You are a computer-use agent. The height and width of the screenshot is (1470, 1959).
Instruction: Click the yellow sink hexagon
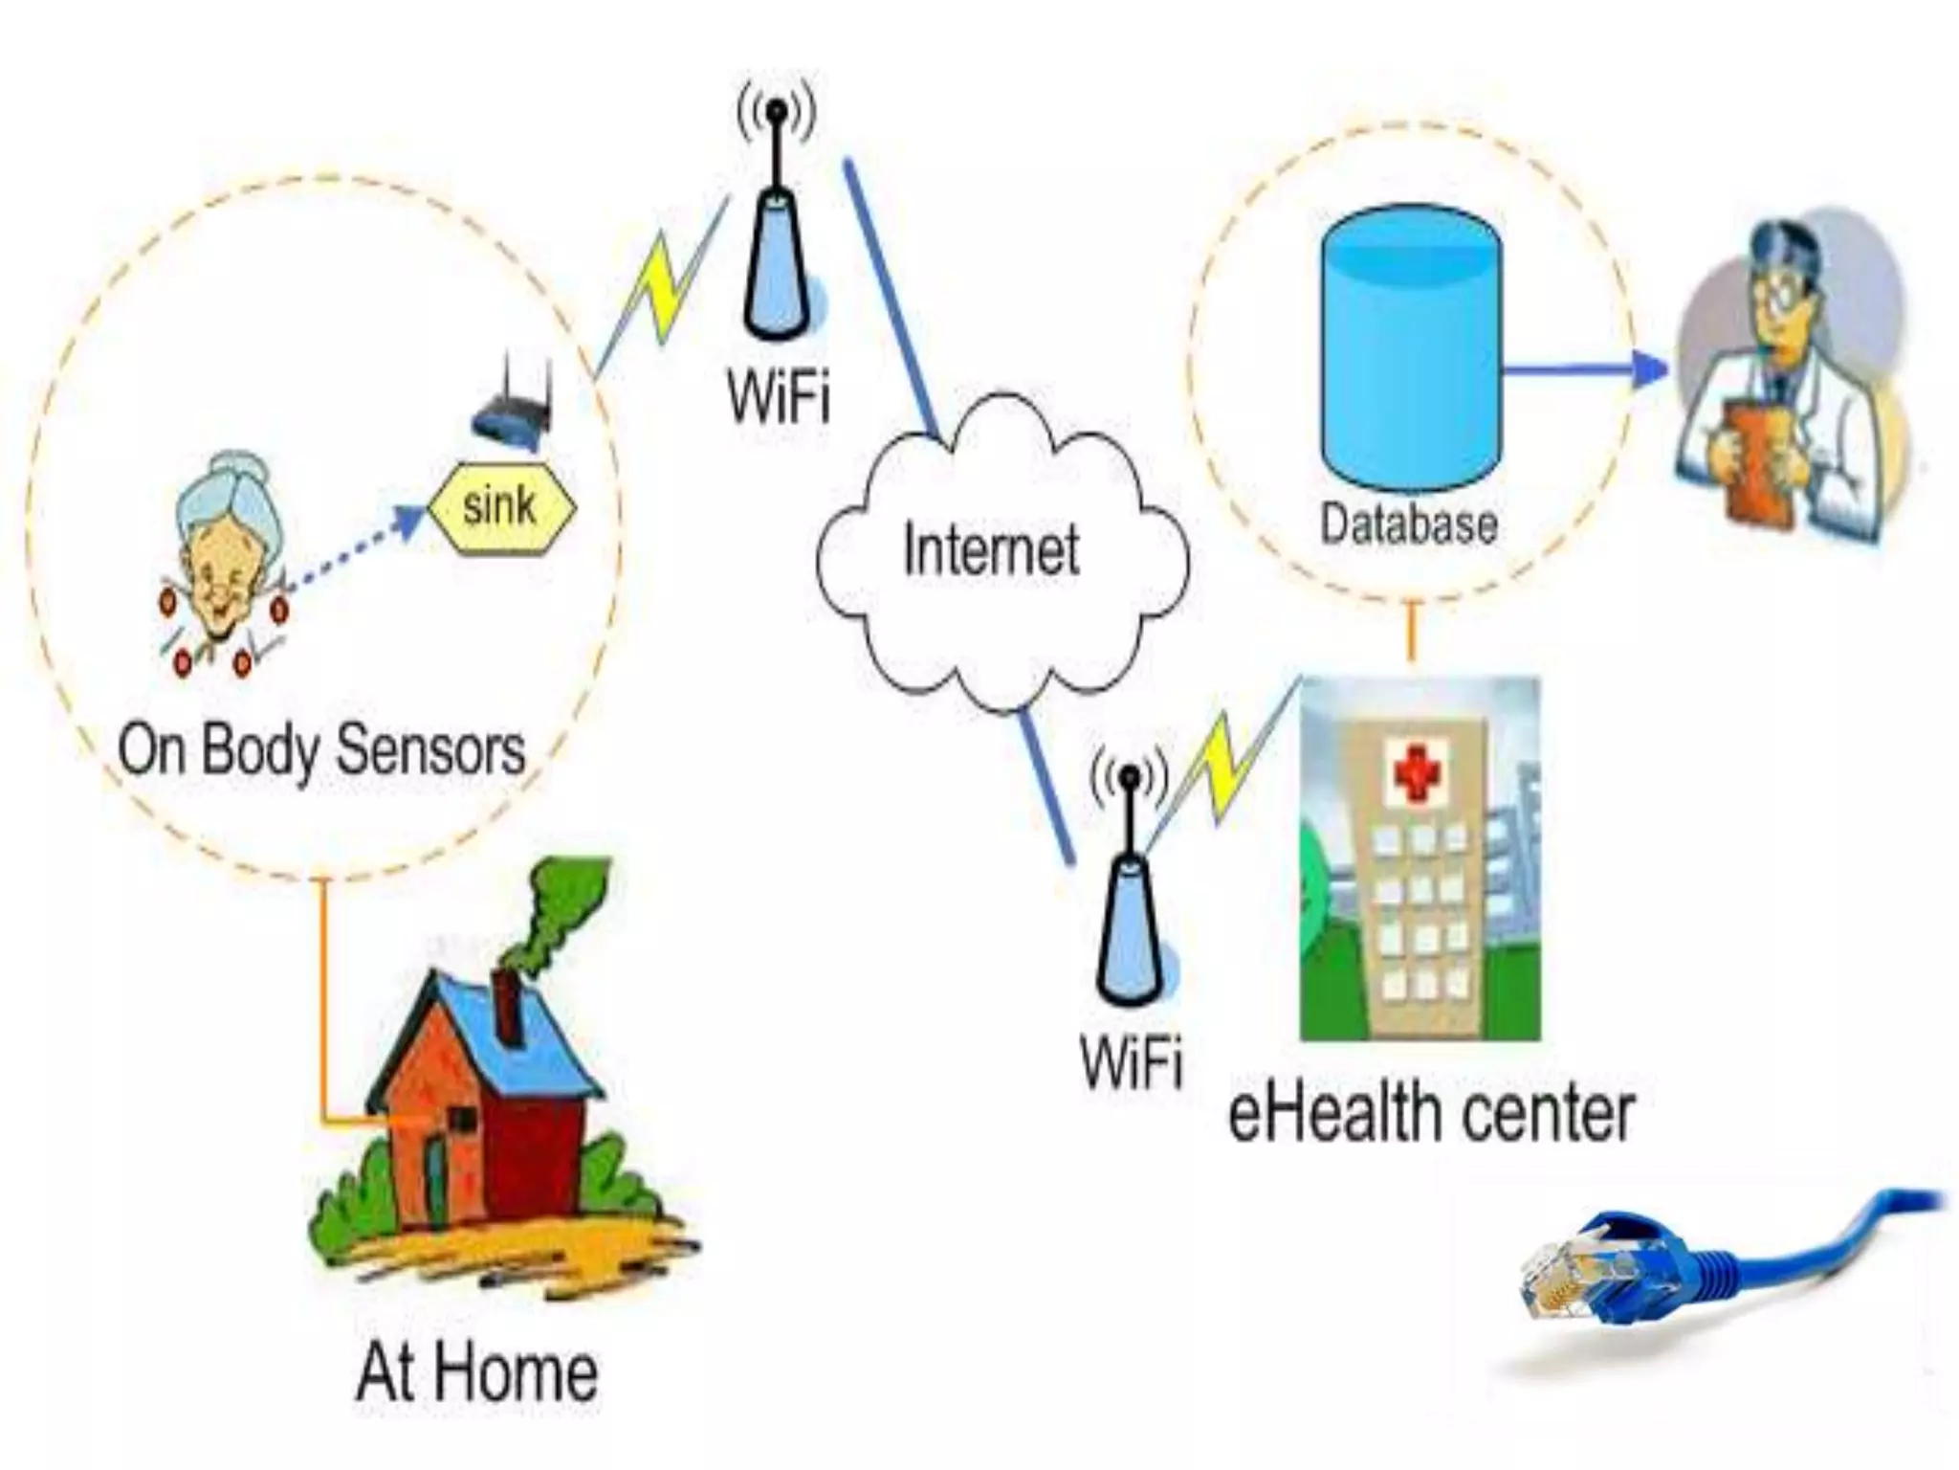coord(500,505)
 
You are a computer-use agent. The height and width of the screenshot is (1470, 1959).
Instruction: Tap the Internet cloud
coord(995,555)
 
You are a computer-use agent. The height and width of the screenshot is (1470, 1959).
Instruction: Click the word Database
coord(1408,523)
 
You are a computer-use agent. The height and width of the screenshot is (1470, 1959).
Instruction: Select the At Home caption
coord(476,1372)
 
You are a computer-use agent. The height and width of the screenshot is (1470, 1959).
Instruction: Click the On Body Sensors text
coord(321,749)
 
